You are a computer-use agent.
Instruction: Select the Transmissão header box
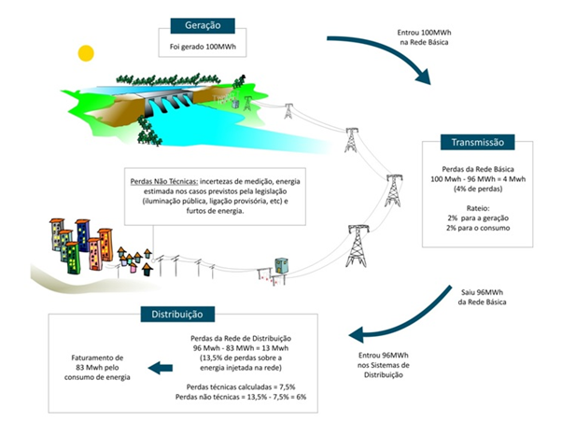[477, 143]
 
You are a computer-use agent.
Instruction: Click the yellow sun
[87, 52]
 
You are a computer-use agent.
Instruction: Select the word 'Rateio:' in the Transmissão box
[476, 209]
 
